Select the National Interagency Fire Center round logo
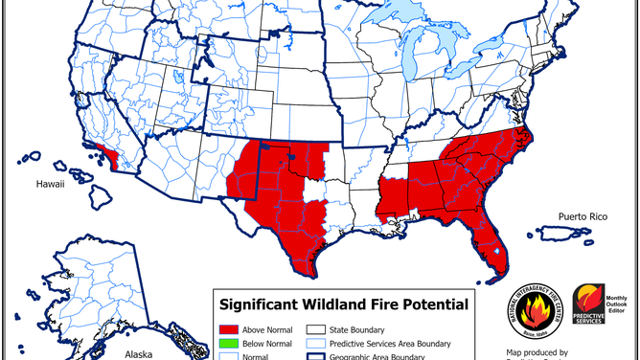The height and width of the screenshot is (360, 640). coord(528,311)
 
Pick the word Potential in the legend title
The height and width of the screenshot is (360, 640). coord(435,305)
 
